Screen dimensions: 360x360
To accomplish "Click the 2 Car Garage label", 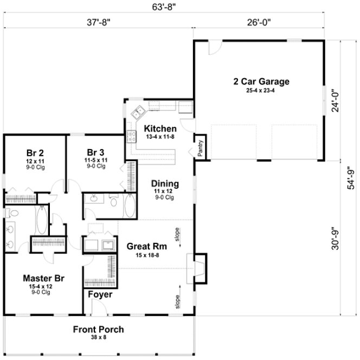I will point(261,82).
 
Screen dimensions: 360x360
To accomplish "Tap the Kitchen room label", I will point(160,129).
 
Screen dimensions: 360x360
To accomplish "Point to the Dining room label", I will point(165,184).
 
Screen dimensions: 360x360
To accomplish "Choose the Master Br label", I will point(43,279).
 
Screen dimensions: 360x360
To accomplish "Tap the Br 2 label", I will point(35,152).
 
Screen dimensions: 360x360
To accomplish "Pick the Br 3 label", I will point(95,152).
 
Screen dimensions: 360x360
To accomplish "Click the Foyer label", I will point(100,294).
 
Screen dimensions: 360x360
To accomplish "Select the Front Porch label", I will point(99,329).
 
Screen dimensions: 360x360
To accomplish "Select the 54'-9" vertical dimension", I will point(351,177).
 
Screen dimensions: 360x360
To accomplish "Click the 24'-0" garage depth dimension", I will point(336,100).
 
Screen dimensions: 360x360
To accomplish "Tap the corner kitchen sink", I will point(137,113).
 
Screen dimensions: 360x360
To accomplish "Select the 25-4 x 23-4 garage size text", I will point(261,91).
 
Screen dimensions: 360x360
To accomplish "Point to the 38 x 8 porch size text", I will point(99,337).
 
